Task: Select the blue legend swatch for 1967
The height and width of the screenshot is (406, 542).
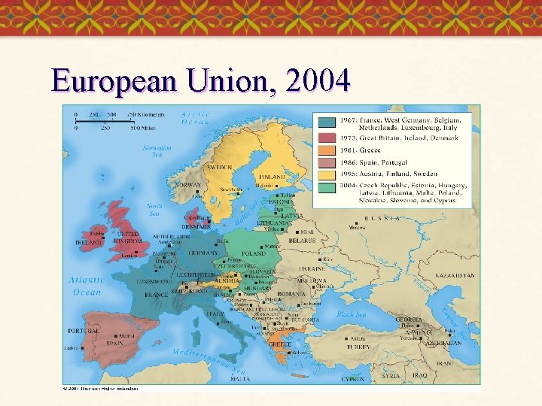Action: (326, 123)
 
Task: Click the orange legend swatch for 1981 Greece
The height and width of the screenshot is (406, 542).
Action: (326, 150)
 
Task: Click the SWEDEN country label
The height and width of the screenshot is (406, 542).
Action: (220, 167)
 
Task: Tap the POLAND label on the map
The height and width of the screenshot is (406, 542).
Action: (254, 254)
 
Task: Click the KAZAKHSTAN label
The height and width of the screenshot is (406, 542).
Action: (455, 276)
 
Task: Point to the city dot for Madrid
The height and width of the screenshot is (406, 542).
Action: (113, 336)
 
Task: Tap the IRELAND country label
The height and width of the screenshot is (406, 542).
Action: (88, 243)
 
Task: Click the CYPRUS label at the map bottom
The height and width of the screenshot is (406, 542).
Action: (352, 380)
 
